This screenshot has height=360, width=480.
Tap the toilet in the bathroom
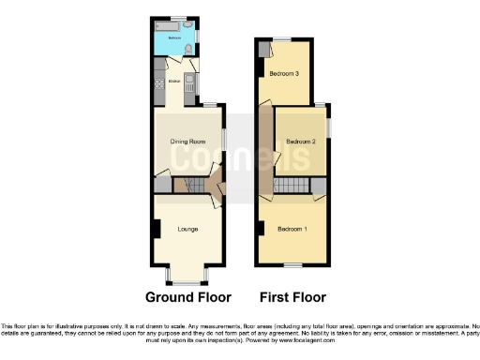click(x=190, y=47)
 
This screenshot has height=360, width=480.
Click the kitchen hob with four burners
click(x=158, y=81)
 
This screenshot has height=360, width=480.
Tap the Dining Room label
click(x=187, y=142)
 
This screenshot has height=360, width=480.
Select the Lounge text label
click(x=187, y=228)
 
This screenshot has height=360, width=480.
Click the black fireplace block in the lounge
click(x=157, y=228)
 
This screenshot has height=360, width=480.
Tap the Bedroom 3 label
click(x=283, y=73)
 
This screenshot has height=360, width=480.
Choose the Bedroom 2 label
click(x=300, y=142)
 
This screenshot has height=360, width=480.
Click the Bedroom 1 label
click(x=291, y=229)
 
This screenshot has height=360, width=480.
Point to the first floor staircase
click(x=292, y=186)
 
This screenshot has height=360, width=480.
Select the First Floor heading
click(x=292, y=297)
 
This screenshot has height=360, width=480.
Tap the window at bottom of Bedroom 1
click(x=292, y=265)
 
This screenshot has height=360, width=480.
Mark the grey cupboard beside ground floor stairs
click(x=163, y=186)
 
